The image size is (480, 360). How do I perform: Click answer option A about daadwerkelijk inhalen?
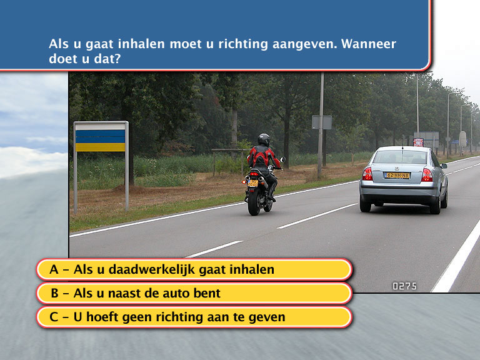[x=194, y=269]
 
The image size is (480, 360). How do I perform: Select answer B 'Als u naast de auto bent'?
[x=194, y=293]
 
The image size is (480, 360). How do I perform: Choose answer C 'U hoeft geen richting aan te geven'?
[x=194, y=317]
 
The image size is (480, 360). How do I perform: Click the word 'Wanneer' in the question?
[x=369, y=44]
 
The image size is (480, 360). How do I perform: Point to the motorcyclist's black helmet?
[x=264, y=140]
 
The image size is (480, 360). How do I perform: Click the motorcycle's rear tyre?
[x=254, y=202]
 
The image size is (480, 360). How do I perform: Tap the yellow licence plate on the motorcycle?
[x=252, y=183]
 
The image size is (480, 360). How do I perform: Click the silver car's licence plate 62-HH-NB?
[x=397, y=176]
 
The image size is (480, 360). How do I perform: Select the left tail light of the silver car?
[x=367, y=174]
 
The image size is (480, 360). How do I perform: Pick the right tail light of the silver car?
[x=427, y=175]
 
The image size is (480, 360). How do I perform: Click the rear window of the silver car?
[x=400, y=157]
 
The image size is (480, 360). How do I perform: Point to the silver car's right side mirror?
[x=444, y=166]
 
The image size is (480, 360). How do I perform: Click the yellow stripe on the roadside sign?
[x=101, y=147]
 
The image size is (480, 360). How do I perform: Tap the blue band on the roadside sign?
[x=101, y=136]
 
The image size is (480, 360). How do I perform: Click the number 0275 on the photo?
[x=404, y=286]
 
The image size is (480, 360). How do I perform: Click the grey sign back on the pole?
[x=321, y=122]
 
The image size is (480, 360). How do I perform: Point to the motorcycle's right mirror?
[x=282, y=159]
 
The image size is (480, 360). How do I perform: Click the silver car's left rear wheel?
[x=365, y=205]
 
